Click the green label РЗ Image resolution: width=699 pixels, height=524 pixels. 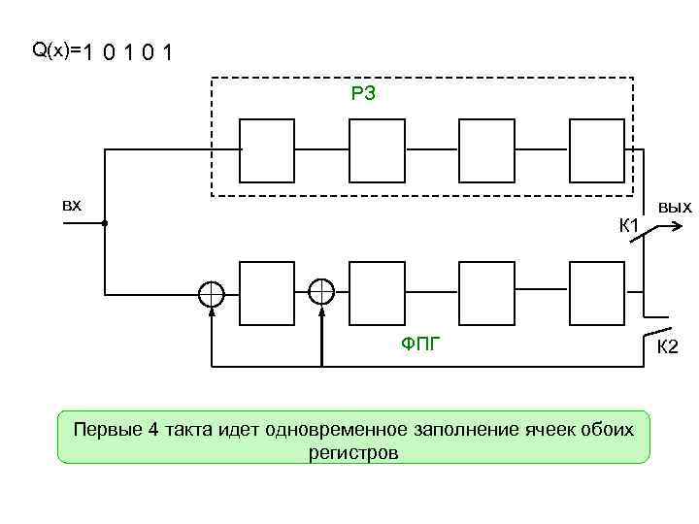point(364,94)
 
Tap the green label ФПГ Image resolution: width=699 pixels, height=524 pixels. point(420,342)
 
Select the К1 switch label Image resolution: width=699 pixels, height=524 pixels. point(628,227)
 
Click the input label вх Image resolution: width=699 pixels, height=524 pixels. point(72,206)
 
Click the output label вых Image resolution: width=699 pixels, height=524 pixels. point(674,207)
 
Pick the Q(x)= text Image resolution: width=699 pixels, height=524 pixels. point(56,49)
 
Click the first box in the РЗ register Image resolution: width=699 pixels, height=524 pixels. point(267,150)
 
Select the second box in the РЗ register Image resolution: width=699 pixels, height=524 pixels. point(377,150)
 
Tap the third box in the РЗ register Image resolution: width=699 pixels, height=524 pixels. point(487,150)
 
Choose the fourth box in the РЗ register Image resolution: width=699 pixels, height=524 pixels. point(597,150)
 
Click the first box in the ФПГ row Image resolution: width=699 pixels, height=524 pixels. point(267,292)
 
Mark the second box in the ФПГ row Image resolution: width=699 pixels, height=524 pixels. point(377,292)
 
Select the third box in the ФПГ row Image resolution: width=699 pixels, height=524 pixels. point(487,292)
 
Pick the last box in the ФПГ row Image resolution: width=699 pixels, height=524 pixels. point(597,292)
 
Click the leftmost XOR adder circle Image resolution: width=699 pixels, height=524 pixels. point(212,292)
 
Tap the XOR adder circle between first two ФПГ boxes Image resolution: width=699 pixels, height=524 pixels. point(321,292)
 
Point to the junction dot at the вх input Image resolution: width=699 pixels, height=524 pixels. point(104,224)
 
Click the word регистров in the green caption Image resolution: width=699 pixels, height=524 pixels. point(353,453)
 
